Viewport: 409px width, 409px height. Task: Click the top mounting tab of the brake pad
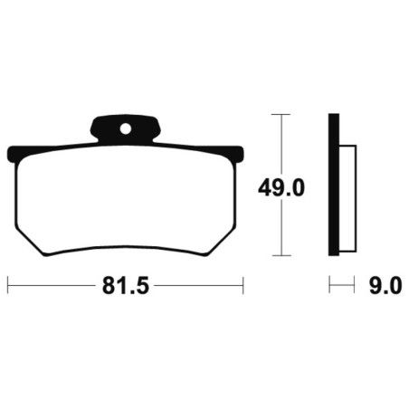[x=126, y=129]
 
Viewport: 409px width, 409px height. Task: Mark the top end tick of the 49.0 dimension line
[x=281, y=115]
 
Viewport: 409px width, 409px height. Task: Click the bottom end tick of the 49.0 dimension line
[x=281, y=257]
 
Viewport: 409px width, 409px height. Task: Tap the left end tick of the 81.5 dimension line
[x=8, y=286]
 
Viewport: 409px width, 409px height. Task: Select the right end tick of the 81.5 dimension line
[x=243, y=286]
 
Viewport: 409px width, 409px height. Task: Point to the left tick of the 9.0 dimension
[x=330, y=286]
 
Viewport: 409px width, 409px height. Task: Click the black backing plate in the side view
[x=334, y=185]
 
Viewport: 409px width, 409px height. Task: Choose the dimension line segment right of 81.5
[x=199, y=286]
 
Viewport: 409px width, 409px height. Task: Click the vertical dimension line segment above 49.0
[x=281, y=145]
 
